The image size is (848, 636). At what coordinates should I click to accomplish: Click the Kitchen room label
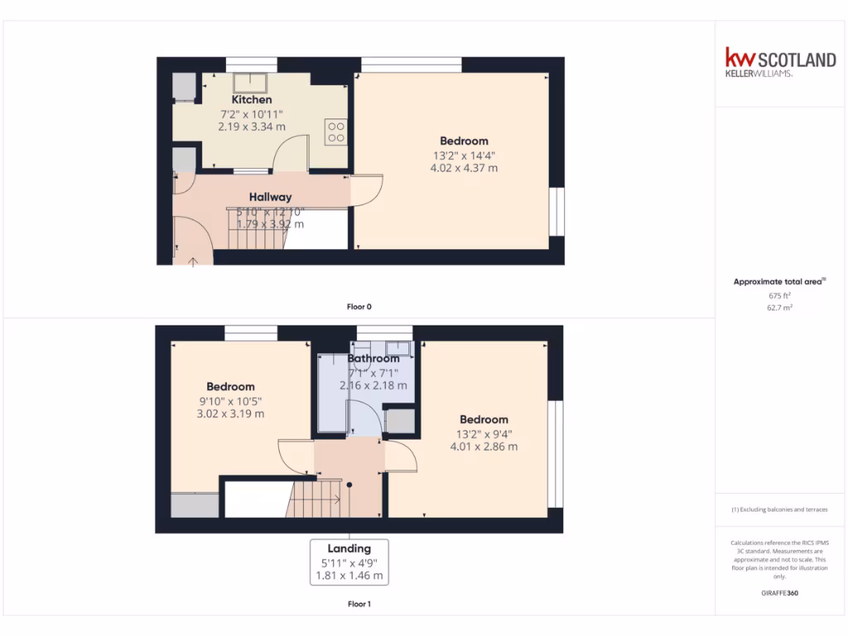252,99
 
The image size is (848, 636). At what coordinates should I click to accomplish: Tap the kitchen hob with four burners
336,132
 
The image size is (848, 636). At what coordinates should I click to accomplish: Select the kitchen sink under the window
249,83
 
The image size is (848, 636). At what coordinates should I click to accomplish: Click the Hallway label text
270,197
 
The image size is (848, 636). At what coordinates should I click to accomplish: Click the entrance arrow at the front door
194,262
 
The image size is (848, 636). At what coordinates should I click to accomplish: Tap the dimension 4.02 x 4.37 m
464,168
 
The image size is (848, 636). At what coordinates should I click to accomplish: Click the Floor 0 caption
359,306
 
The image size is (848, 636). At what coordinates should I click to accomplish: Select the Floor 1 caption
359,605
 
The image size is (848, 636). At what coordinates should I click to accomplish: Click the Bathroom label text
373,359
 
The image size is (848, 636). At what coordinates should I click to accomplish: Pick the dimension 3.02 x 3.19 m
230,413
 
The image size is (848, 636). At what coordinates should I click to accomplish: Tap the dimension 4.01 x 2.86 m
484,446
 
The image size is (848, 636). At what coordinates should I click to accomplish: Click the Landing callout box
349,561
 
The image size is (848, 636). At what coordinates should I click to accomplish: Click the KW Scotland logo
780,62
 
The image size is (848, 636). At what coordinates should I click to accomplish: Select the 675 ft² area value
779,295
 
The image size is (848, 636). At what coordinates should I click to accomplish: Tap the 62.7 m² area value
779,307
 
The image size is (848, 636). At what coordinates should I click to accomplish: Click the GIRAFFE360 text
779,593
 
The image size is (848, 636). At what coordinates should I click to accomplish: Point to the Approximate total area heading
779,282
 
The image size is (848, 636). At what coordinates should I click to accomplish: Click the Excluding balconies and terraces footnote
779,510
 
